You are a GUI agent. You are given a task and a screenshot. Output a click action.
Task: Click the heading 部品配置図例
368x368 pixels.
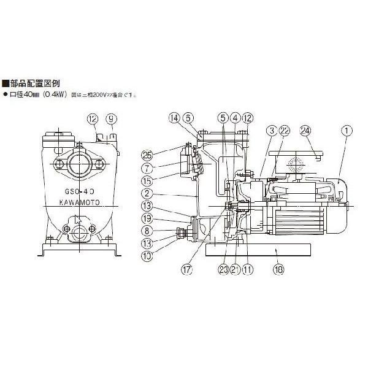[34, 84]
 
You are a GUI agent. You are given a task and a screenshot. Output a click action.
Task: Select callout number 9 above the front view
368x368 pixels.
[110, 118]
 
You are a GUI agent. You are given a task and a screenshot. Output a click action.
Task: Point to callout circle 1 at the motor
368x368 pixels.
[348, 130]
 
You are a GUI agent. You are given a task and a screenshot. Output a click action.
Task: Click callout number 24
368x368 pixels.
[305, 130]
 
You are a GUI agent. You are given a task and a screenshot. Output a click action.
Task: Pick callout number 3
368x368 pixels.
[270, 130]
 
